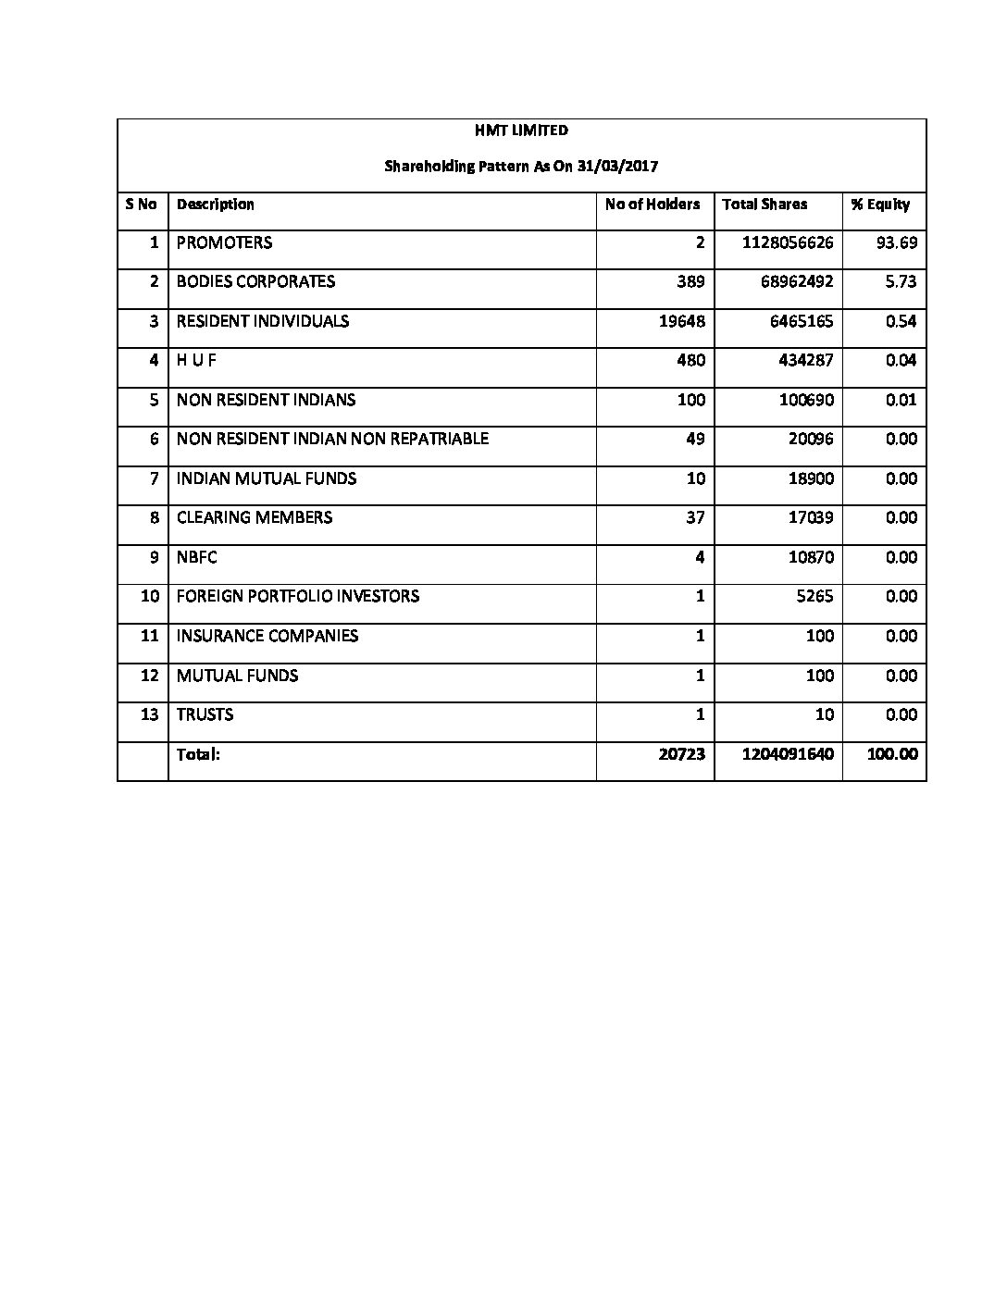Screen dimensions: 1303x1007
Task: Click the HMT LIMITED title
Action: coord(521,130)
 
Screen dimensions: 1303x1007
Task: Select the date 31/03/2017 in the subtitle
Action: coord(624,167)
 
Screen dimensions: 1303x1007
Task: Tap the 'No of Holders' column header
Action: coord(653,205)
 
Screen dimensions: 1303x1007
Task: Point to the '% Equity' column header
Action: coord(880,205)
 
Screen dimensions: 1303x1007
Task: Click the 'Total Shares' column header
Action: coord(765,205)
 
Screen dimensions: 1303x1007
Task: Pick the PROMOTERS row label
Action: coord(224,242)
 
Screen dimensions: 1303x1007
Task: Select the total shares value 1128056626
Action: coord(788,242)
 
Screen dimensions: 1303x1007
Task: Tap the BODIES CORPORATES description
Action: coord(255,281)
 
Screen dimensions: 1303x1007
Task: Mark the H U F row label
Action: coord(196,360)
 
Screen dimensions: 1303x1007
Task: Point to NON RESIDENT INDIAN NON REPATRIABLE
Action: coord(332,439)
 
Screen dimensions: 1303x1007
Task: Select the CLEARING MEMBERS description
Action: coord(254,517)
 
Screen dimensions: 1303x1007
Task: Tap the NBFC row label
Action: coord(196,557)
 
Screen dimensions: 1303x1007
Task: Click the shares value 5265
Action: coord(814,596)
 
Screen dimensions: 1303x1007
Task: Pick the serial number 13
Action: coord(150,714)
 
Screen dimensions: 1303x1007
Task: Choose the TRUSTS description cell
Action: coord(205,714)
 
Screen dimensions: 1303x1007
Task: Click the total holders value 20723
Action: coord(681,754)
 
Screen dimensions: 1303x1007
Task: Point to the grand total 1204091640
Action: coord(788,754)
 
